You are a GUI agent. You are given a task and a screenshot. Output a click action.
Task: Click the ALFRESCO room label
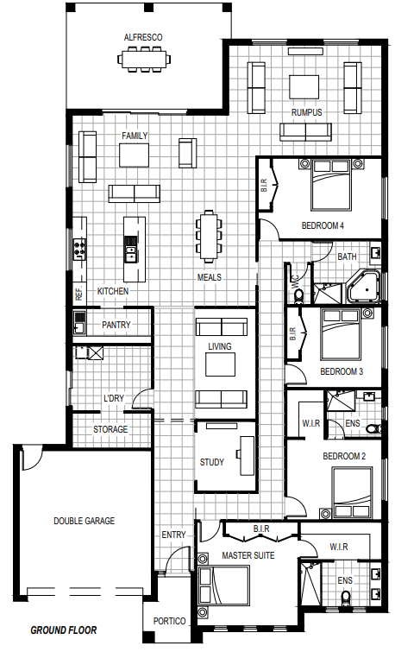tap(143, 37)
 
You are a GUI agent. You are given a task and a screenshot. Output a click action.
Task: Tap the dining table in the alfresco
tap(144, 59)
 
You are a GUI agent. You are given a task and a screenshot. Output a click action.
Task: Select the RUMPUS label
tap(306, 112)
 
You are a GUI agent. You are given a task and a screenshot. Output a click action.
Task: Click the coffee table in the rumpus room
tap(304, 86)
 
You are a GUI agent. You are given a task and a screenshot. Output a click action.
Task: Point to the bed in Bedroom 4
tap(331, 184)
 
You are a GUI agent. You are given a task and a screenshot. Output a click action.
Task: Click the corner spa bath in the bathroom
tap(363, 286)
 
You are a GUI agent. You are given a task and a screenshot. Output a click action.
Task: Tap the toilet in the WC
tap(298, 295)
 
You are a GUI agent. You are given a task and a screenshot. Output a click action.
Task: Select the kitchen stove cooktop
tap(79, 249)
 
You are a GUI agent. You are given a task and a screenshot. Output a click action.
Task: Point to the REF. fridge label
tap(79, 294)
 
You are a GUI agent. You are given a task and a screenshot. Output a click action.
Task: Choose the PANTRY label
tap(116, 325)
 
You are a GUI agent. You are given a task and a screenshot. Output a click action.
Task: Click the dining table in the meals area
tap(209, 237)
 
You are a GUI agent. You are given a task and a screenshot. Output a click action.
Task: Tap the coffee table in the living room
tap(220, 364)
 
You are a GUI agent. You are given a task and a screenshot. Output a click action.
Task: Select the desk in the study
tap(248, 456)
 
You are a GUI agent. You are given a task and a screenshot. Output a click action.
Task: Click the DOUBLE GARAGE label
tap(84, 521)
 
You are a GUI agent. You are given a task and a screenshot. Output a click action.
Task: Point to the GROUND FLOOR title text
tap(64, 630)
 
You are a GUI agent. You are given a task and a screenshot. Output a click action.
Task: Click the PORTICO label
tap(169, 621)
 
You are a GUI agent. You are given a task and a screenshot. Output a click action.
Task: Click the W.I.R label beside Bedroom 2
tap(311, 423)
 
